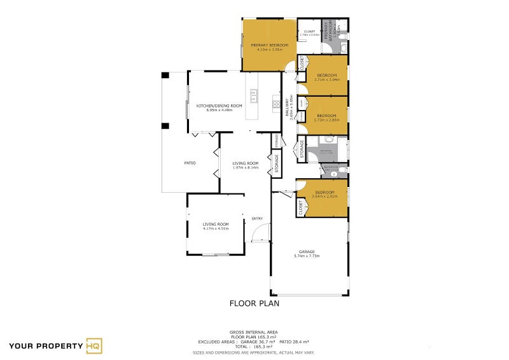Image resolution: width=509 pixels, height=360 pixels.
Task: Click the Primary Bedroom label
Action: coord(269,45)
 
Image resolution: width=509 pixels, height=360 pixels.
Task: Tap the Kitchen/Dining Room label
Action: coord(219,106)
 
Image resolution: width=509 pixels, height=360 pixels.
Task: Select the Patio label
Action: coord(190,163)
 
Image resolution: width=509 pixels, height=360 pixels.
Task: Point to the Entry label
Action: coord(257,219)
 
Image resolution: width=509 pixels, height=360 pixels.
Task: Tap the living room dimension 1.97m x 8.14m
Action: coord(245,167)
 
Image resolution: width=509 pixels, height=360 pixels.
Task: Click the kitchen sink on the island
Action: coord(254,95)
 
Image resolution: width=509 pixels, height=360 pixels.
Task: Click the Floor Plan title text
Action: coord(254,303)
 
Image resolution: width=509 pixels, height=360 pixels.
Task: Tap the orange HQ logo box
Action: coord(94,346)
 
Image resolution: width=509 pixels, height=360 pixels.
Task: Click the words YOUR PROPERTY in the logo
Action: coord(45,347)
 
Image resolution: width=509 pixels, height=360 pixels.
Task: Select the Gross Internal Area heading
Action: coord(254,332)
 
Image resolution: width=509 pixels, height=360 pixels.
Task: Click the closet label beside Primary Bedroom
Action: coord(310,31)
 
